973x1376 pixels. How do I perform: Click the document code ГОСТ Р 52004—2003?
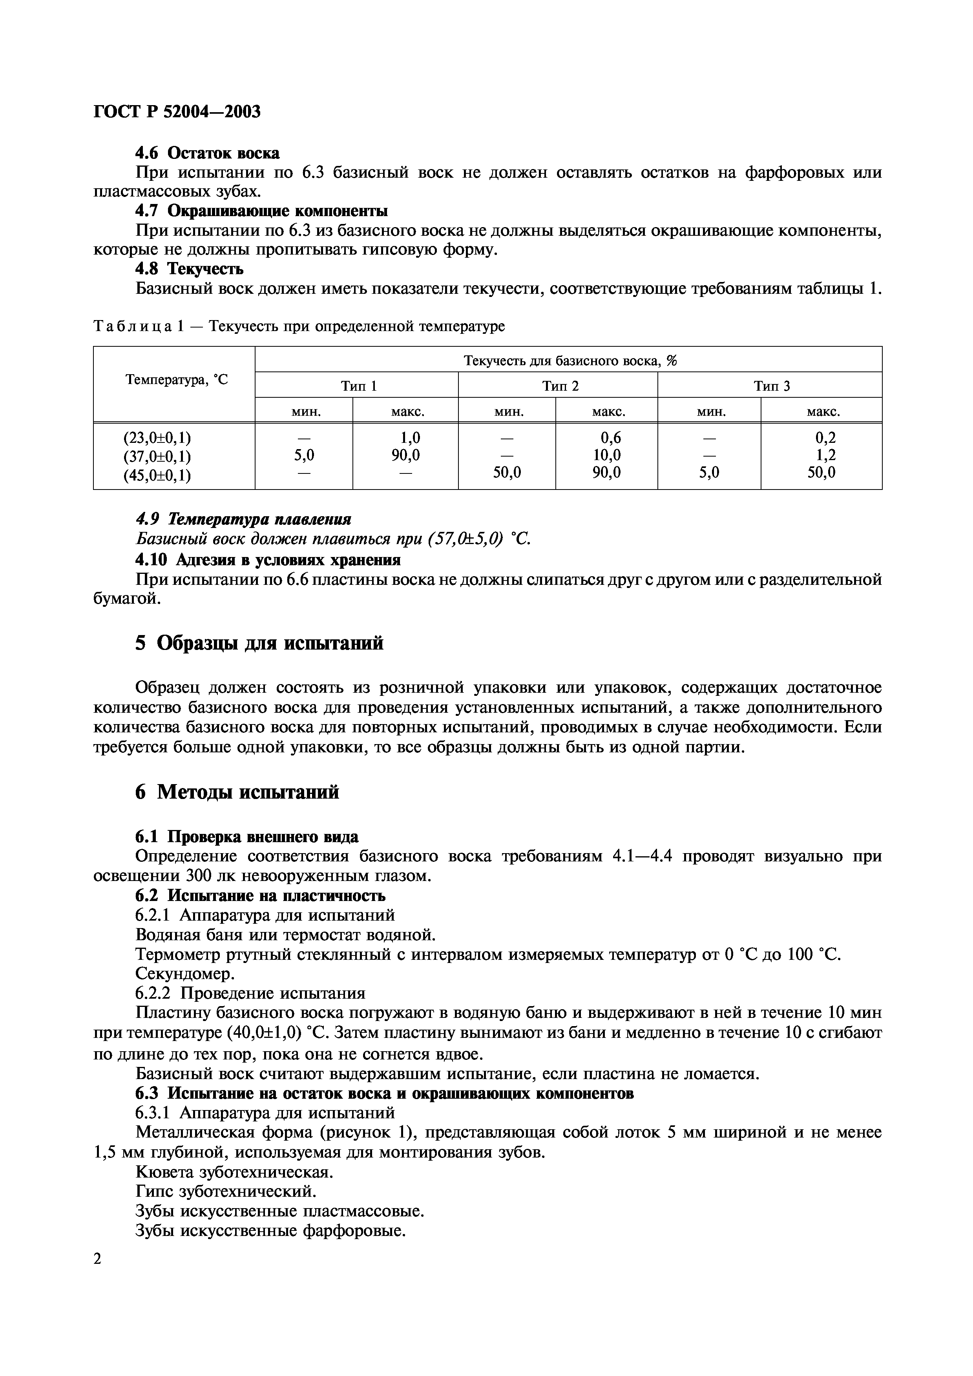[x=177, y=111]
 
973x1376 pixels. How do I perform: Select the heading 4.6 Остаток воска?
[x=207, y=153]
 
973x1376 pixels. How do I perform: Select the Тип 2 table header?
[x=560, y=386]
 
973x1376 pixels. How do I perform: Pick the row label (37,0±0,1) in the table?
[x=157, y=456]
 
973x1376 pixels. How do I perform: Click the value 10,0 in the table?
[x=607, y=455]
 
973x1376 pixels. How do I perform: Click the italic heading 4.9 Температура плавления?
[x=243, y=519]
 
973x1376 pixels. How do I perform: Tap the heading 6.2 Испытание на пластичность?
[x=260, y=896]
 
